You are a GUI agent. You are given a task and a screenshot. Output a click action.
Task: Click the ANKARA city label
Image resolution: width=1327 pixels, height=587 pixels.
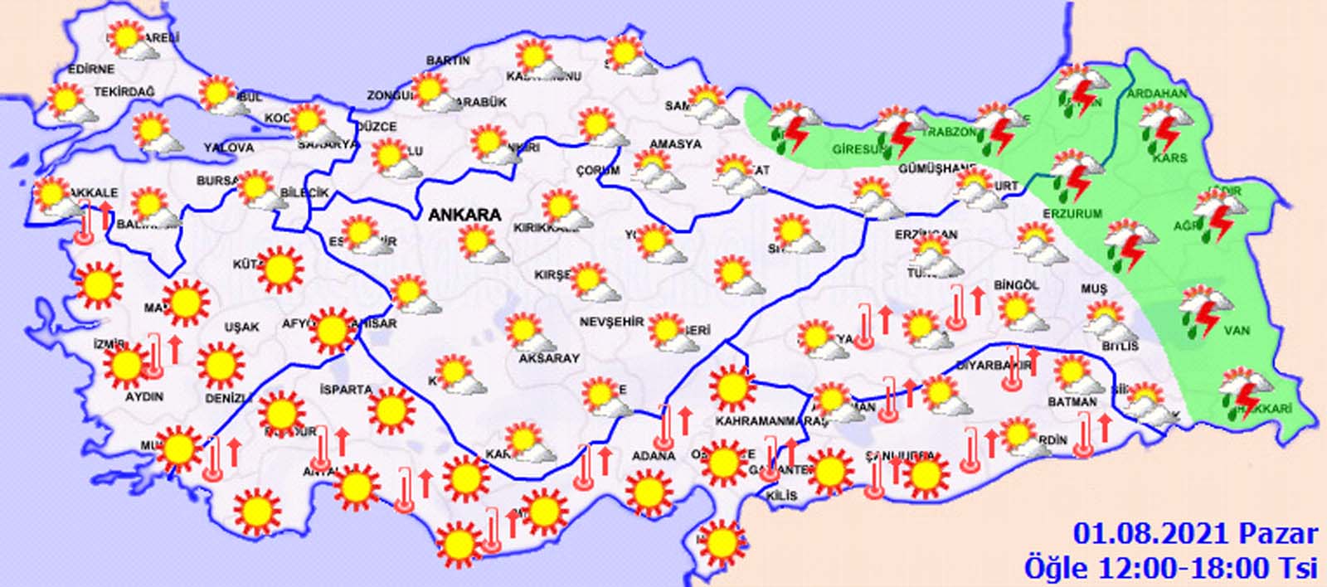[x=464, y=215]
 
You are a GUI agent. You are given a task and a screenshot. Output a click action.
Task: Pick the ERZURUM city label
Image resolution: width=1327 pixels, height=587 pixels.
[x=1072, y=213]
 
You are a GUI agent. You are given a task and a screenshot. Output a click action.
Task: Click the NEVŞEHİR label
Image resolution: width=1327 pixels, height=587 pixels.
[x=611, y=322]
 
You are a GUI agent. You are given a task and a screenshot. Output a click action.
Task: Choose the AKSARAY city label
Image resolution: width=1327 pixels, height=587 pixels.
[x=548, y=358]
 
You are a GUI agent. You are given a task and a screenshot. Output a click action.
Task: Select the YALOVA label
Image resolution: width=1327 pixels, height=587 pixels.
[x=229, y=148]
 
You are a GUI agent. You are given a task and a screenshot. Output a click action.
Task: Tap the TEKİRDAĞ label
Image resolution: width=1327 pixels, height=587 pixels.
[x=124, y=92]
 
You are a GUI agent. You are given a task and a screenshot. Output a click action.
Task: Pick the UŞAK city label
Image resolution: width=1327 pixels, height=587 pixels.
[x=241, y=327]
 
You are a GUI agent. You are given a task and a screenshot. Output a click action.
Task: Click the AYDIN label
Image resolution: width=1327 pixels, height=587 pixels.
[x=143, y=396]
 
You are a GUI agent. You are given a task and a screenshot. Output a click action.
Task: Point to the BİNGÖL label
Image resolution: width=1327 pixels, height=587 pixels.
[x=1019, y=285]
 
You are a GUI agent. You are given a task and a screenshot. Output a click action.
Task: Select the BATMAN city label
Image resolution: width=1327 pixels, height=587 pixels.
[x=1072, y=402]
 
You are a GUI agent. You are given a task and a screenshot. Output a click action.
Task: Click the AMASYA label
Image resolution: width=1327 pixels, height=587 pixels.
[x=675, y=144]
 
